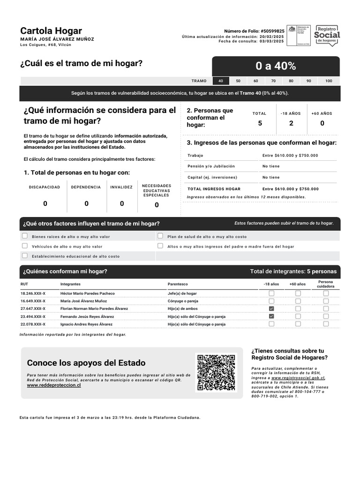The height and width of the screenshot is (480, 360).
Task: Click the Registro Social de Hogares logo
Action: (327, 35)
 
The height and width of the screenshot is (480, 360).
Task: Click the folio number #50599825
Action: (272, 31)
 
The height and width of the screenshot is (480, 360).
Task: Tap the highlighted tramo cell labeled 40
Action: (221, 81)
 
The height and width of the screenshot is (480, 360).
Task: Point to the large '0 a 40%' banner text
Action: (276, 66)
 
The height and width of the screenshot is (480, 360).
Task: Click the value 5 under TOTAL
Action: (260, 123)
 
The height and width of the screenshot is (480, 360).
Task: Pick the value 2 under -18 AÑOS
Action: (291, 123)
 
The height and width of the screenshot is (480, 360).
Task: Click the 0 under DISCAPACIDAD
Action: (45, 203)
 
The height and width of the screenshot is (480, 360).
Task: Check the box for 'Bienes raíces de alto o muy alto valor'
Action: (25, 236)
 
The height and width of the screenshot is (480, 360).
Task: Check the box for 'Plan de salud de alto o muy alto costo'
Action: (160, 236)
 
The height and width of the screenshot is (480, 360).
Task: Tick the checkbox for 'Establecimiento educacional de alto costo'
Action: (25, 256)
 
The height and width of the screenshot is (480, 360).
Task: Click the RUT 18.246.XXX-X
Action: (33, 293)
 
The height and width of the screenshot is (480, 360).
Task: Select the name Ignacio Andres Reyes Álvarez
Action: (86, 324)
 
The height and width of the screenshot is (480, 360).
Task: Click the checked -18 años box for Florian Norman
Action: (271, 309)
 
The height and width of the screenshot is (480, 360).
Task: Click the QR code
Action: (216, 373)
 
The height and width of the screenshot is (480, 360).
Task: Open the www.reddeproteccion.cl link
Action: (54, 385)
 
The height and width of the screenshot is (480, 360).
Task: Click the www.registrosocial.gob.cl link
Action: (298, 378)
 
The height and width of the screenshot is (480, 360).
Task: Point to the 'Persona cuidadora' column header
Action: (326, 284)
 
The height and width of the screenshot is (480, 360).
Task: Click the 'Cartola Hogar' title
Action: (51, 31)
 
